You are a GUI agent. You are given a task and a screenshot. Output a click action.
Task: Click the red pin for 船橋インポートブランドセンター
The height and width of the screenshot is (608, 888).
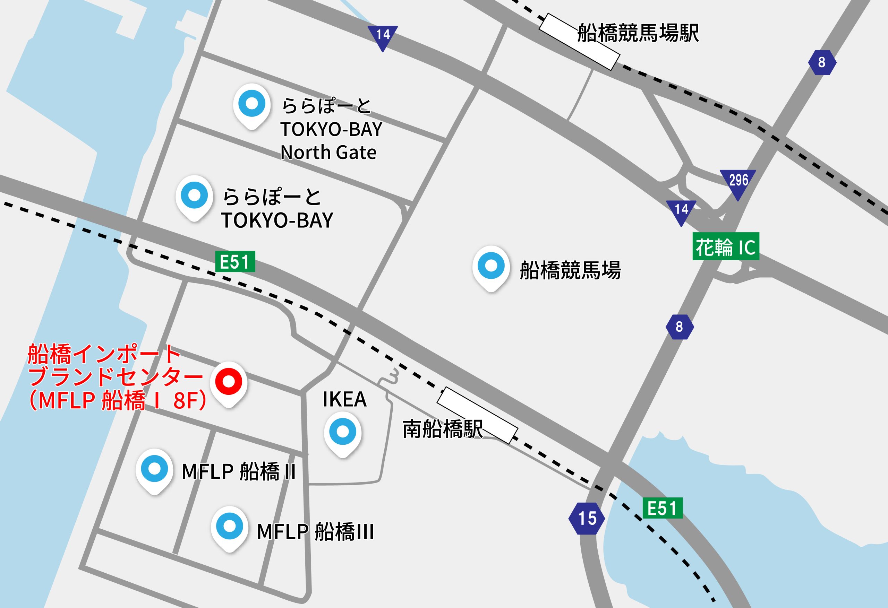(x=229, y=382)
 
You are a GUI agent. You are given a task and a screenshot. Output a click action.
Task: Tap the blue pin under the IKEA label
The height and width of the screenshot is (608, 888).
(x=343, y=432)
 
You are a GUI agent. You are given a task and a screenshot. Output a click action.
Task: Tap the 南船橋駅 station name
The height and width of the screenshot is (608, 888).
(x=443, y=429)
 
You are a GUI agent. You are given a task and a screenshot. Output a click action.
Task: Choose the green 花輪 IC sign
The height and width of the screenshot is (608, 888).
(x=726, y=247)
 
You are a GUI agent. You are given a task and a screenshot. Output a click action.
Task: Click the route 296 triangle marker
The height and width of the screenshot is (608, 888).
(x=738, y=182)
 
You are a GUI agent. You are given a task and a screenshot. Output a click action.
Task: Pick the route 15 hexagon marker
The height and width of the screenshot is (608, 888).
(x=587, y=518)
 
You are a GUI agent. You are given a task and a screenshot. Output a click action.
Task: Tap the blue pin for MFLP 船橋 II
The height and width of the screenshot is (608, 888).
(x=154, y=469)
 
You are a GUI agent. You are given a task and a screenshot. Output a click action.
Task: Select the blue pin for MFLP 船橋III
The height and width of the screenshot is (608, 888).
(x=229, y=526)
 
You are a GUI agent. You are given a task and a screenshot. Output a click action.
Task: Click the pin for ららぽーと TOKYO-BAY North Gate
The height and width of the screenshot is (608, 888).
(x=252, y=104)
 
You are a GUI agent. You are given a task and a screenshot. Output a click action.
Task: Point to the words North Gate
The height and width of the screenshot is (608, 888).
(x=328, y=153)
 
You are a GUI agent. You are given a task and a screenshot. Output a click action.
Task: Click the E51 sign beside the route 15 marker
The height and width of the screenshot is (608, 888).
(x=663, y=508)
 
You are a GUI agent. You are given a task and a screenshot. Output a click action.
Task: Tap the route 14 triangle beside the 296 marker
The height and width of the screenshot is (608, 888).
(x=681, y=211)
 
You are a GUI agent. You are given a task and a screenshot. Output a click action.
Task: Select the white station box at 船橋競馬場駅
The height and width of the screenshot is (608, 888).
(x=579, y=42)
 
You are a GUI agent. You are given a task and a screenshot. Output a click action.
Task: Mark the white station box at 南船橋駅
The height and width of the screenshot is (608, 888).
(x=477, y=416)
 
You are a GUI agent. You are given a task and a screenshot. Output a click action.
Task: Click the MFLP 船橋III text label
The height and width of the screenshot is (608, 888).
(x=315, y=532)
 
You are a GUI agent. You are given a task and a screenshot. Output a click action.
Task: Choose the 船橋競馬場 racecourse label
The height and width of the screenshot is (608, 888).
(x=570, y=270)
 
